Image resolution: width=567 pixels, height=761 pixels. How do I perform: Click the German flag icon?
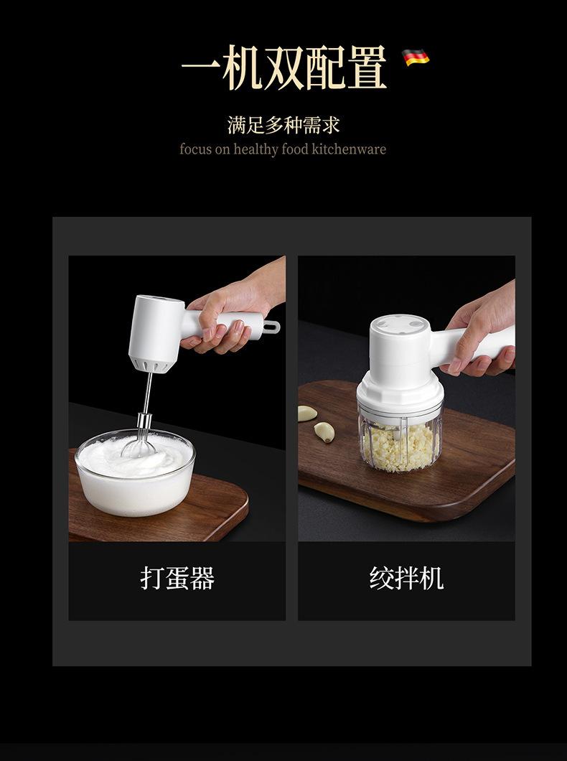pyautogui.click(x=416, y=57)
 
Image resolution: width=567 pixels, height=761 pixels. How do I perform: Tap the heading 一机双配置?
pyautogui.click(x=284, y=67)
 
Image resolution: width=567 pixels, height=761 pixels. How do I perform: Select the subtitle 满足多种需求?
pyautogui.click(x=283, y=125)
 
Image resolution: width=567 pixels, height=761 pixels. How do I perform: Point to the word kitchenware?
pyautogui.click(x=349, y=149)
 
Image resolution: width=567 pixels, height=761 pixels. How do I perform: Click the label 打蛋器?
pyautogui.click(x=177, y=578)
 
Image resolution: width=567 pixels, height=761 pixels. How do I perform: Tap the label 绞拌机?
pyautogui.click(x=406, y=578)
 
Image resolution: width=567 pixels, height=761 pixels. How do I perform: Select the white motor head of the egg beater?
pyautogui.click(x=156, y=332)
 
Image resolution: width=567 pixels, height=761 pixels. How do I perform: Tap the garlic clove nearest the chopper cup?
pyautogui.click(x=324, y=431)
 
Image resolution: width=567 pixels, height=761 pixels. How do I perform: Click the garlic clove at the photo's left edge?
pyautogui.click(x=306, y=413)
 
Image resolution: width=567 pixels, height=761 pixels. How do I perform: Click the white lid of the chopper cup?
pyautogui.click(x=400, y=396)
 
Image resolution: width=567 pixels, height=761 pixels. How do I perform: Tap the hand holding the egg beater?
pyautogui.click(x=233, y=311)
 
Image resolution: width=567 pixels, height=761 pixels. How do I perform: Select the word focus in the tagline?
pyautogui.click(x=195, y=149)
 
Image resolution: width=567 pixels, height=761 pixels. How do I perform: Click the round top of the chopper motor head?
pyautogui.click(x=400, y=326)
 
